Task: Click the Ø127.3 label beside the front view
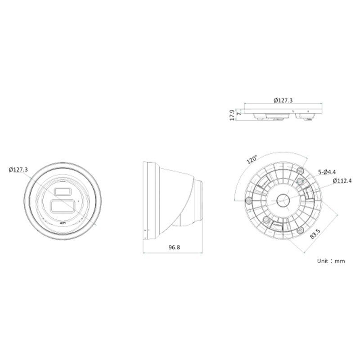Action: [x=18, y=170]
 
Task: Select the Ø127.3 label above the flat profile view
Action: [x=283, y=100]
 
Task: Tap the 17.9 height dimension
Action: [x=232, y=115]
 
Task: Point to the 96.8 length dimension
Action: [x=174, y=247]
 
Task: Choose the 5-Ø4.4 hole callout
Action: [x=327, y=172]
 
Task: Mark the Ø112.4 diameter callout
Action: [x=342, y=181]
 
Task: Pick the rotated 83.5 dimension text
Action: [x=315, y=234]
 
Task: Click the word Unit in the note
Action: [x=322, y=261]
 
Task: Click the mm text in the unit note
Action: [x=340, y=261]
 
